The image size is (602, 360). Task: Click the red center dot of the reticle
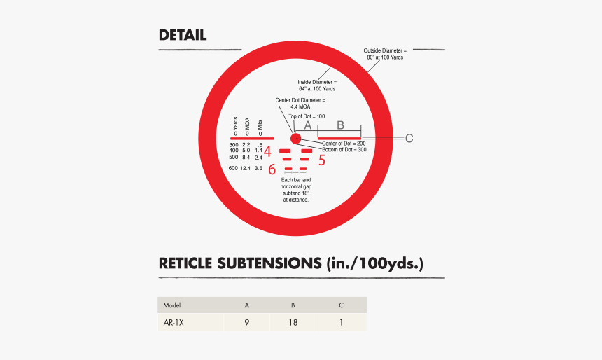pyautogui.click(x=295, y=139)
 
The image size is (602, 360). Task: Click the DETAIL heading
pyautogui.click(x=183, y=35)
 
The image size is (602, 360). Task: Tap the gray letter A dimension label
pyautogui.click(x=307, y=125)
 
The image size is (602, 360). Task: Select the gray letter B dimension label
pyautogui.click(x=340, y=125)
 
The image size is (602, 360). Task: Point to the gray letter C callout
pyautogui.click(x=409, y=138)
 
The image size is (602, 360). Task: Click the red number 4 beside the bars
pyautogui.click(x=267, y=152)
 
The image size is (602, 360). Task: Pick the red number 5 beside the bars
pyautogui.click(x=322, y=160)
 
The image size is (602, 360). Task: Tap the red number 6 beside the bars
pyautogui.click(x=272, y=169)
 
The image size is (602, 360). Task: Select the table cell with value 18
pyautogui.click(x=293, y=323)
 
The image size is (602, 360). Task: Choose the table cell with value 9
pyautogui.click(x=247, y=323)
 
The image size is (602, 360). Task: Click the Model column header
pyautogui.click(x=172, y=305)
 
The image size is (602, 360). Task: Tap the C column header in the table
pyautogui.click(x=341, y=305)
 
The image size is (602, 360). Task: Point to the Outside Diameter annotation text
pyautogui.click(x=385, y=54)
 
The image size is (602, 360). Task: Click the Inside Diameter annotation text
pyautogui.click(x=317, y=85)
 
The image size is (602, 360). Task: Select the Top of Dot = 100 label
pyautogui.click(x=307, y=116)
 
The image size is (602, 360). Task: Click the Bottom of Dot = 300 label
pyautogui.click(x=344, y=150)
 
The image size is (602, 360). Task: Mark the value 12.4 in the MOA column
pyautogui.click(x=245, y=168)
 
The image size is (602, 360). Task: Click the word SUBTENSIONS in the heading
pyautogui.click(x=269, y=263)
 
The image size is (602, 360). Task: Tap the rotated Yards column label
pyautogui.click(x=235, y=124)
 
